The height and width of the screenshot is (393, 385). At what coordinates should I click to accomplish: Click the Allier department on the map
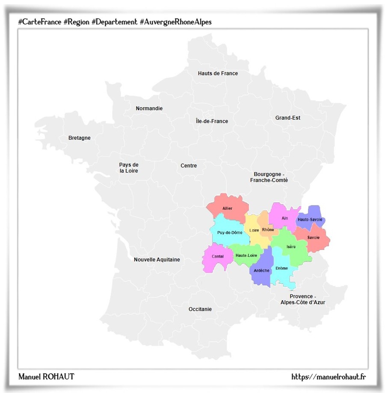[228, 208]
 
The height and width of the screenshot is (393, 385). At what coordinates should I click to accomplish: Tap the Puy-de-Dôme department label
[230, 232]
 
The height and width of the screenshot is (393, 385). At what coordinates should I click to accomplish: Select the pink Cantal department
[217, 256]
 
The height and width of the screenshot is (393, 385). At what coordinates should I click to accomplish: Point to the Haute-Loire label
[246, 255]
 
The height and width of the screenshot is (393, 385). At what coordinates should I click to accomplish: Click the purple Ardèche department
[261, 270]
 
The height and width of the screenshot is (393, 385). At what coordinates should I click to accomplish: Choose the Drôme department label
[281, 268]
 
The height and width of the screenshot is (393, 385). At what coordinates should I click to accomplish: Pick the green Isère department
[291, 247]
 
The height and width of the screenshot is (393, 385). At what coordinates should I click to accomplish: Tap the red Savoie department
[313, 238]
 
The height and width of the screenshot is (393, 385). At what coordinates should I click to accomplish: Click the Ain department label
[285, 218]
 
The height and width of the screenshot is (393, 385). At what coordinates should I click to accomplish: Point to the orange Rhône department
[268, 230]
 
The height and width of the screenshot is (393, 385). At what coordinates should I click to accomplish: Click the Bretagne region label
[80, 138]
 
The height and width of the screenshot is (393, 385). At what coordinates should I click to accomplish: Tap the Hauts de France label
[218, 73]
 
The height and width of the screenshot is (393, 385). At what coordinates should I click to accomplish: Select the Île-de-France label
[212, 121]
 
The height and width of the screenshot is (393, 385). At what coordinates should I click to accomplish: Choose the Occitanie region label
[200, 309]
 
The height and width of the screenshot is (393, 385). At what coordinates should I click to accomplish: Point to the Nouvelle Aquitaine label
[157, 260]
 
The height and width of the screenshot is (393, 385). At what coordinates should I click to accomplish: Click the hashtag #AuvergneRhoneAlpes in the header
[175, 22]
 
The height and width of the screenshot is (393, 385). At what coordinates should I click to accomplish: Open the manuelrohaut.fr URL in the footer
[329, 376]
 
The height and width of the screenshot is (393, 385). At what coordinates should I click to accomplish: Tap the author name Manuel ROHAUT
[46, 376]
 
